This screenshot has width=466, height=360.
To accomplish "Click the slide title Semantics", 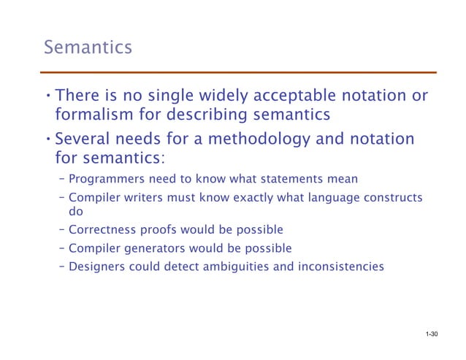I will (x=88, y=48).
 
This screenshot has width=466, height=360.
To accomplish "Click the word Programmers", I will (x=107, y=179).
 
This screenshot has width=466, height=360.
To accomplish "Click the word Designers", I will (x=97, y=267).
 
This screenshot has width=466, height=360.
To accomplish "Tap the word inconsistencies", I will (x=340, y=267).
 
